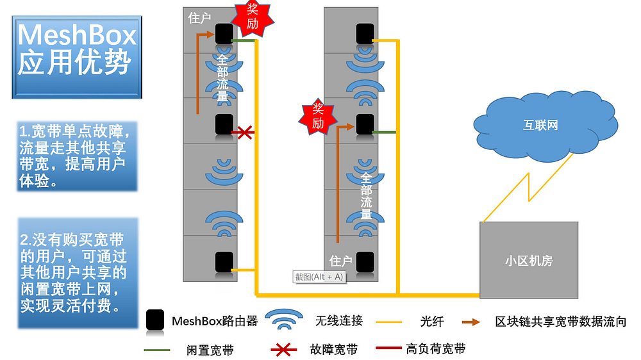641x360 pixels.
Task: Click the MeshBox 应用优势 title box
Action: [77, 57]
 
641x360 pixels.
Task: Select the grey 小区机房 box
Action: [529, 260]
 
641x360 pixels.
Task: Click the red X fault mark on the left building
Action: [245, 133]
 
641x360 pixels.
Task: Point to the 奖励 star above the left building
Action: [252, 17]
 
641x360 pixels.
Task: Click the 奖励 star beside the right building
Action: [318, 117]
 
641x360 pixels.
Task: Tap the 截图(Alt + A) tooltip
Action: [319, 277]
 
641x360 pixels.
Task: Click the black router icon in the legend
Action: [155, 320]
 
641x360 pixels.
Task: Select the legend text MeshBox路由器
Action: [215, 321]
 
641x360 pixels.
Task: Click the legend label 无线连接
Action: [339, 321]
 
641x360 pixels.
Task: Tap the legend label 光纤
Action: [431, 322]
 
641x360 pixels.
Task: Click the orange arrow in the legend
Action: [471, 322]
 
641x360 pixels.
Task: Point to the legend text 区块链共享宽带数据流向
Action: [560, 322]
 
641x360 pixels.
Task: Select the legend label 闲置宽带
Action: [210, 350]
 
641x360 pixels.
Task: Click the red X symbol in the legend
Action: [284, 350]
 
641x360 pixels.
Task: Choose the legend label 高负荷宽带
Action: [436, 348]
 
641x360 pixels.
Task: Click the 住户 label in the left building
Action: [199, 18]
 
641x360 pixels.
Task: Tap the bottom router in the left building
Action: [224, 262]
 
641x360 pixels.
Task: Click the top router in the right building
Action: [365, 33]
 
